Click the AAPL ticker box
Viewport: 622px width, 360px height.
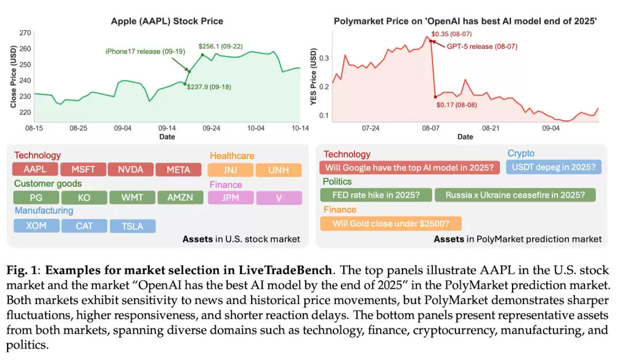tap(36, 169)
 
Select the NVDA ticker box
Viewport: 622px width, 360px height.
tap(131, 169)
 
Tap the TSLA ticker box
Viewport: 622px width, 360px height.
tap(132, 226)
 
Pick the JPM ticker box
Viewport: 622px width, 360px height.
tap(231, 198)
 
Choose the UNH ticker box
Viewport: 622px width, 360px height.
tap(279, 170)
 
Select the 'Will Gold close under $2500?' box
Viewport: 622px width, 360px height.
tap(390, 223)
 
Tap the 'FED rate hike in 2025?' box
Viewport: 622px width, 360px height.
tap(376, 195)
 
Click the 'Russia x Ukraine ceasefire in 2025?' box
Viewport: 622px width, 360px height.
tap(515, 195)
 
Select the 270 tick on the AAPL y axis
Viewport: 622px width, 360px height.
tap(26, 33)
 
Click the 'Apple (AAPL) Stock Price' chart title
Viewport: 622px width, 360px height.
tap(167, 21)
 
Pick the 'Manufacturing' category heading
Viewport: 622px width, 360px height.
tap(44, 211)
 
